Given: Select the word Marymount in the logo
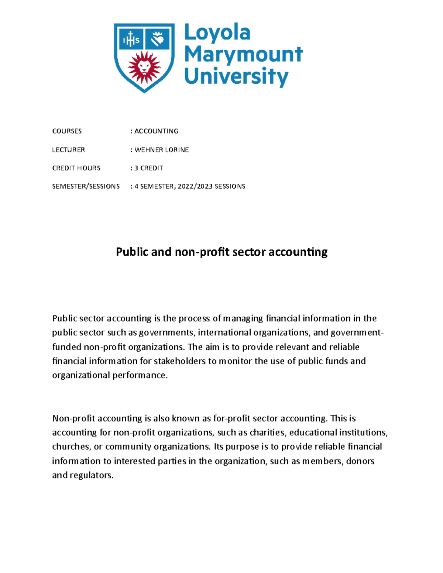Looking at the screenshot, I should tap(243, 55).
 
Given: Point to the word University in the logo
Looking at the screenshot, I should tap(236, 76).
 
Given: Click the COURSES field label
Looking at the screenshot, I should tap(67, 131).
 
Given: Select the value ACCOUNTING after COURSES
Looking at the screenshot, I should tap(156, 131).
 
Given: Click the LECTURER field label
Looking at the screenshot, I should tap(68, 150).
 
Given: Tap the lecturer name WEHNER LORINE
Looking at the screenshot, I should tap(162, 150).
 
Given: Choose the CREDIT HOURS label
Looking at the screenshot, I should tap(76, 168).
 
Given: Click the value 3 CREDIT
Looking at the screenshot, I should tap(149, 168).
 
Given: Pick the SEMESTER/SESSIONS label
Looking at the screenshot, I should tap(86, 186).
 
